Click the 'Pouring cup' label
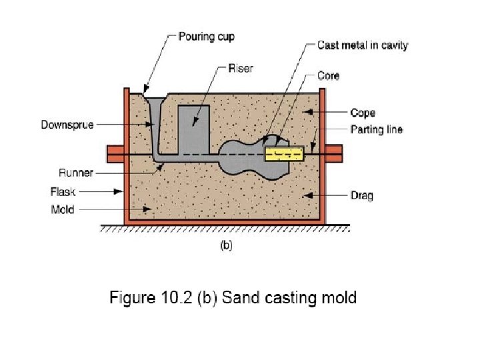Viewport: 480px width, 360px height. pos(206,36)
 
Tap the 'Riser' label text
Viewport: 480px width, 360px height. pos(241,68)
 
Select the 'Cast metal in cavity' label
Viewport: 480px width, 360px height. pos(363,45)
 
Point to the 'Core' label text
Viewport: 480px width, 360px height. pos(328,76)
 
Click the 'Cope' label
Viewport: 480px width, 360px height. pos(363,113)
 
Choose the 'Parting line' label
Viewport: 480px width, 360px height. pos(377,129)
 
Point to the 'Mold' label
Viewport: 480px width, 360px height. pos(63,209)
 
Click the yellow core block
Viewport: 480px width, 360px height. pos(284,154)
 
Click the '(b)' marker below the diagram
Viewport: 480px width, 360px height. pos(226,245)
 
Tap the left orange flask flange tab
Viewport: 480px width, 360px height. pos(113,150)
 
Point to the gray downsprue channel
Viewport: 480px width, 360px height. pos(155,130)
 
